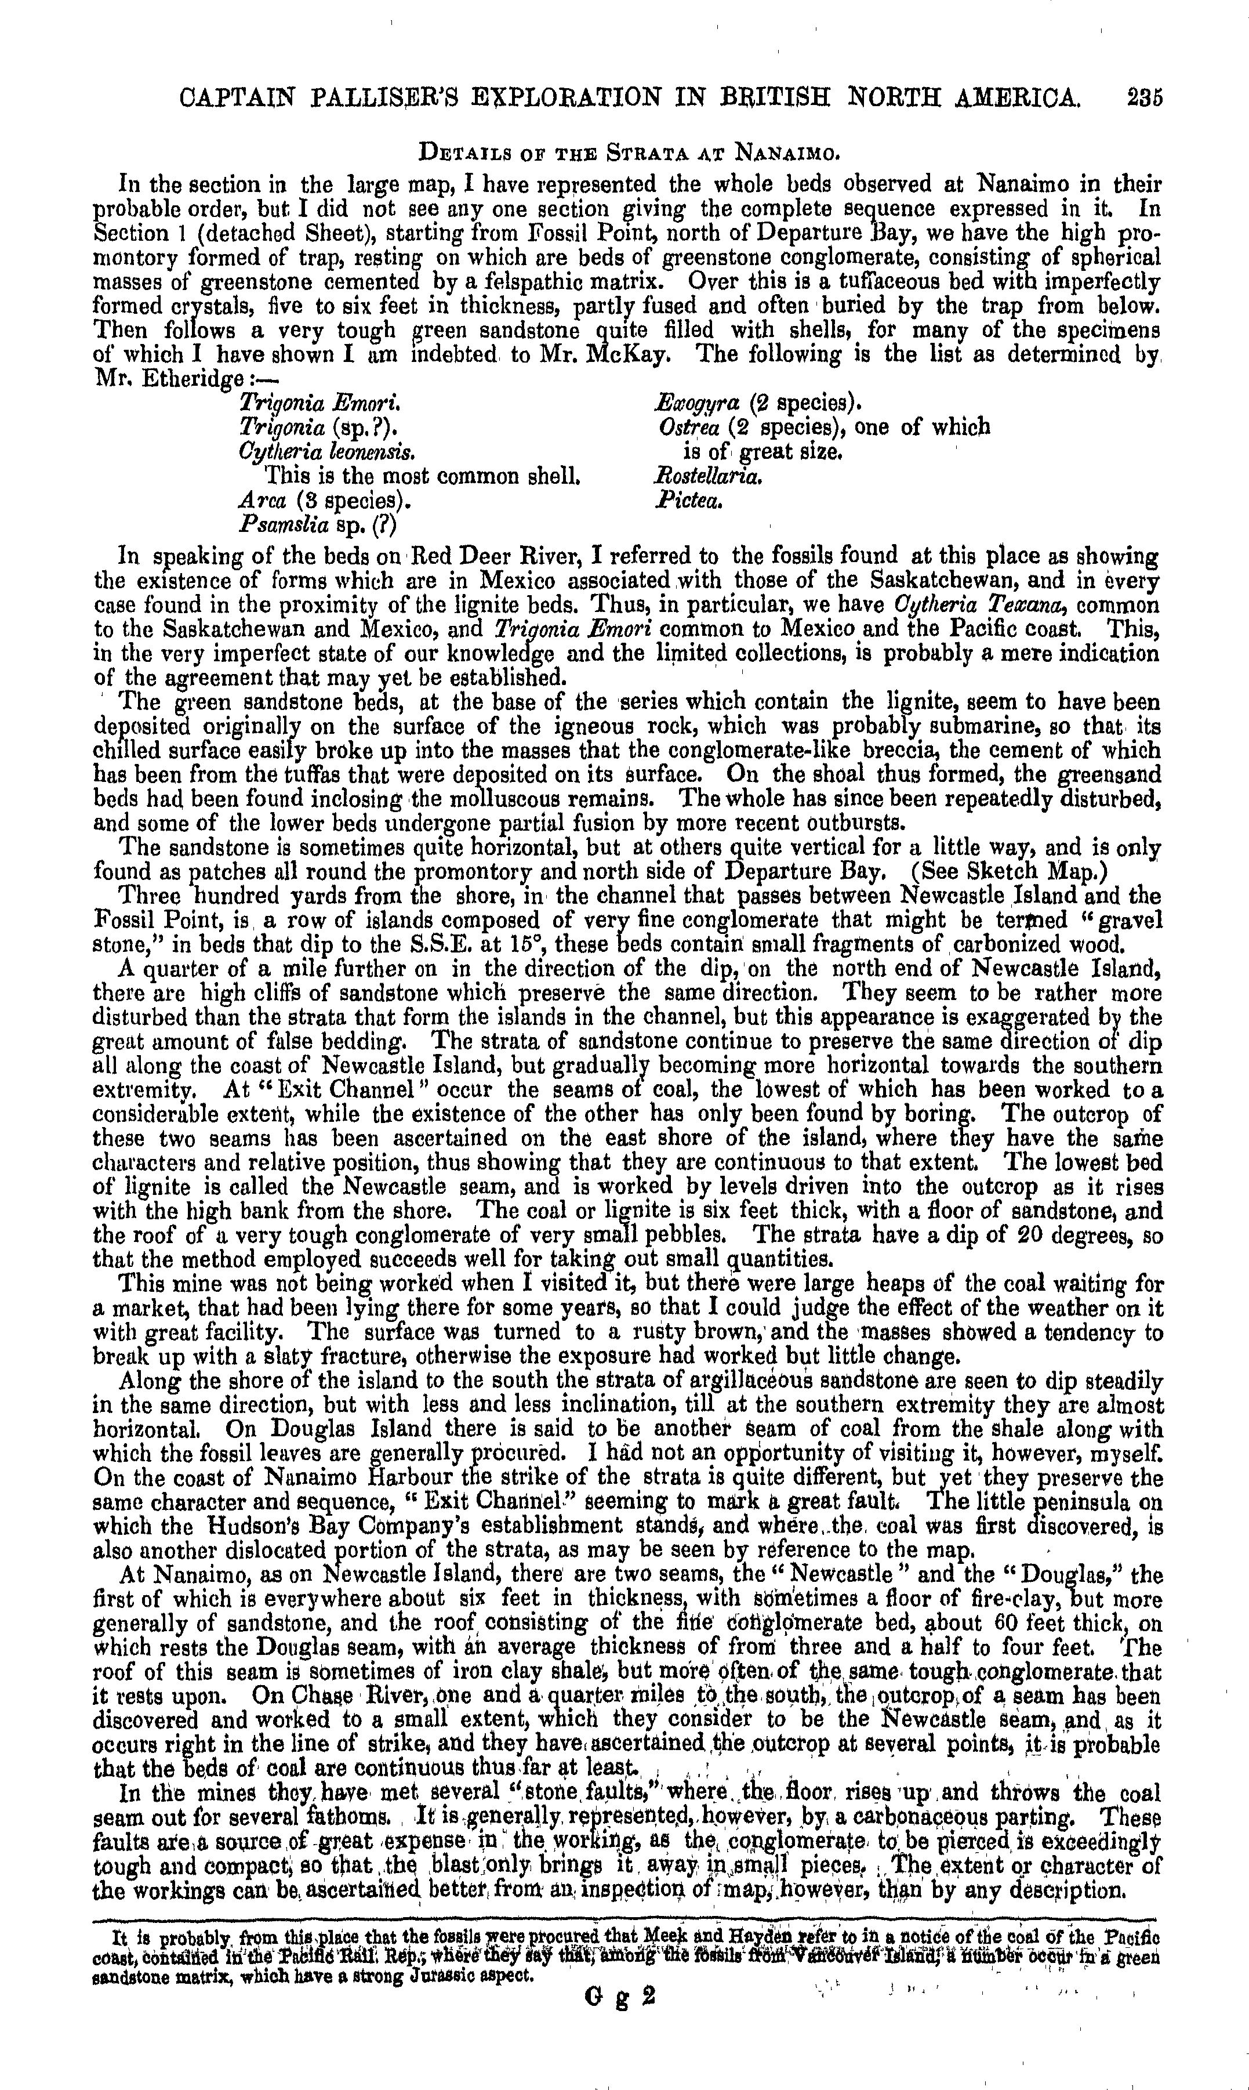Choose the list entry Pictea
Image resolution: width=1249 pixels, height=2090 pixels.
[688, 501]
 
